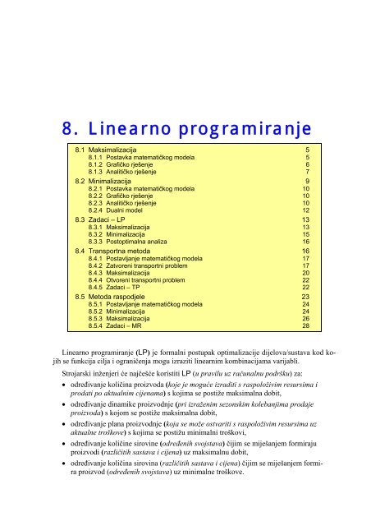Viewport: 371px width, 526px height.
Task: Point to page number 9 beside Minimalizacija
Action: [x=307, y=181]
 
